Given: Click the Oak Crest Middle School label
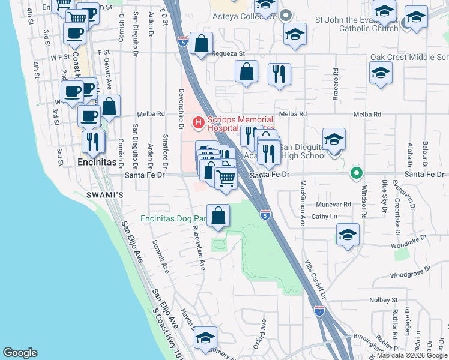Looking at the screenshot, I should [409, 58].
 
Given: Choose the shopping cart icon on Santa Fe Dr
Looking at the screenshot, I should [225, 178].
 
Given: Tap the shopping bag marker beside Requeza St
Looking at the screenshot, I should [202, 43].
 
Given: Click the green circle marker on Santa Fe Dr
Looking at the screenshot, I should [356, 174].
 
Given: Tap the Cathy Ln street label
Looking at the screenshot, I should [324, 216].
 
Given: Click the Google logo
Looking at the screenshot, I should [20, 353].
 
